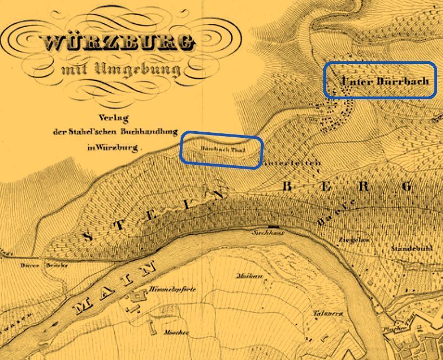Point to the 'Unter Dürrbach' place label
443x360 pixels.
[x=385, y=81]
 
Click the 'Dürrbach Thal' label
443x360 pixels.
[x=219, y=148]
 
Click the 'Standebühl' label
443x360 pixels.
[x=412, y=248]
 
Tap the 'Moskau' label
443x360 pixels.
[x=250, y=276]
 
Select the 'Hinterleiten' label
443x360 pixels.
[x=293, y=163]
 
